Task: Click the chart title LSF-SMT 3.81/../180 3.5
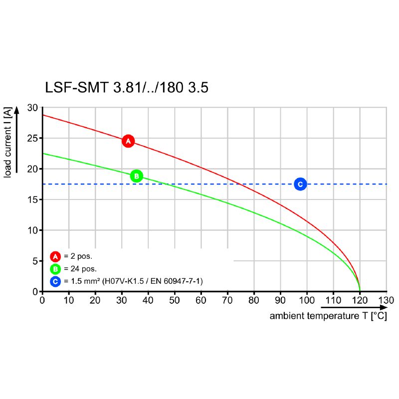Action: (127, 88)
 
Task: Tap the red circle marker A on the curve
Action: (128, 141)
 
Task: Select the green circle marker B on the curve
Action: (136, 176)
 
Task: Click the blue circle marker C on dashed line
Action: (300, 184)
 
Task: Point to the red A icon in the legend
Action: (55, 257)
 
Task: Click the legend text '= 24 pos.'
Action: (80, 269)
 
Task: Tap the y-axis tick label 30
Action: (32, 108)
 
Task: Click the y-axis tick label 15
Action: (32, 199)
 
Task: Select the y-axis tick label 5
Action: (35, 261)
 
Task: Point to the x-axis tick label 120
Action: (360, 301)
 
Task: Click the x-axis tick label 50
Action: (175, 301)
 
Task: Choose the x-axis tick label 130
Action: (386, 301)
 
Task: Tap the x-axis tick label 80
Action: (254, 301)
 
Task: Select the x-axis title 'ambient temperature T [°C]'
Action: (328, 316)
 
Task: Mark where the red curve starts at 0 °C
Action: (43, 115)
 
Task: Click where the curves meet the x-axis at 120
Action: (360, 291)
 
